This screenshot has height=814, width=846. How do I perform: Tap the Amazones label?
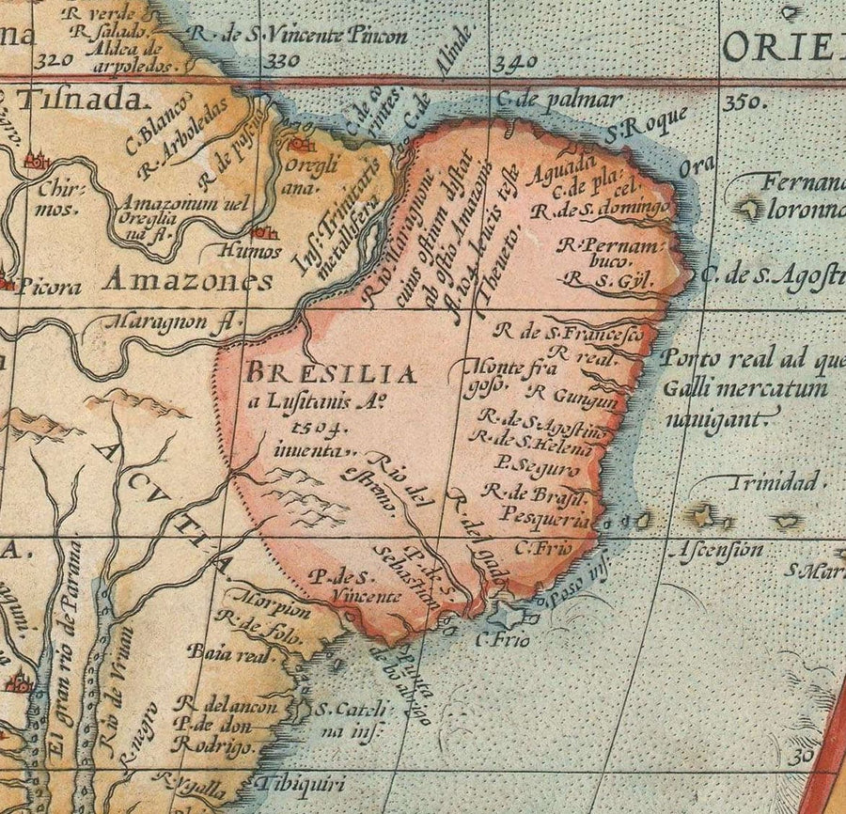point(188,279)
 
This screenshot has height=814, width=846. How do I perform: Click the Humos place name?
point(249,251)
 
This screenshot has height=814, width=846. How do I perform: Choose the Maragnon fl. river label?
point(167,322)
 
